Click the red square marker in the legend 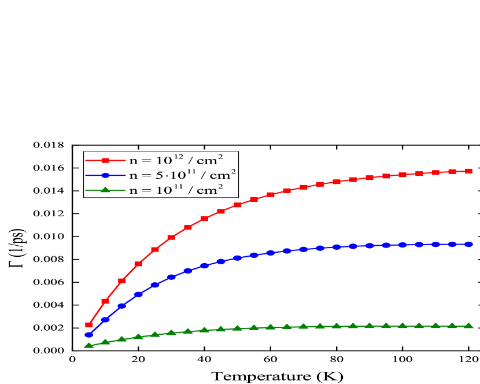coord(105,160)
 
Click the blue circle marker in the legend coord(105,175)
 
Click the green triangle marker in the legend coord(105,189)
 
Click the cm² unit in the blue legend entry coord(223,175)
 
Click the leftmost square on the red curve coord(89,324)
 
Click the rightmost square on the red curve coord(468,171)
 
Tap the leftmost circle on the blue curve coord(89,334)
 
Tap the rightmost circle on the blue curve coord(468,244)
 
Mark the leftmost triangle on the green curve coord(89,345)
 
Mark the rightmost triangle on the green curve coord(468,326)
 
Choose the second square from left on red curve coord(105,301)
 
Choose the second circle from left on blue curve coord(105,319)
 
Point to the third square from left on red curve coord(122,280)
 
